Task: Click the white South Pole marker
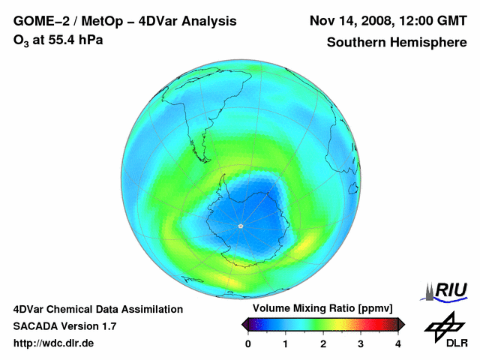pos(240,226)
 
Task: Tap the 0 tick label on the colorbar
pos(248,343)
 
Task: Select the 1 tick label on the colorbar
pos(286,343)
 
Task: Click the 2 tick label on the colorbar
pos(323,343)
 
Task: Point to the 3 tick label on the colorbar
pos(361,343)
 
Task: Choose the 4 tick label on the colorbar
pos(398,343)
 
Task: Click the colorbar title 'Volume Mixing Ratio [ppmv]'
pos(322,308)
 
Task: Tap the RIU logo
pos(447,291)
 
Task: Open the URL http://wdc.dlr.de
pos(53,343)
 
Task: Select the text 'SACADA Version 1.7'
pos(64,326)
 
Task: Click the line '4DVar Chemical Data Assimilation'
pos(98,309)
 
